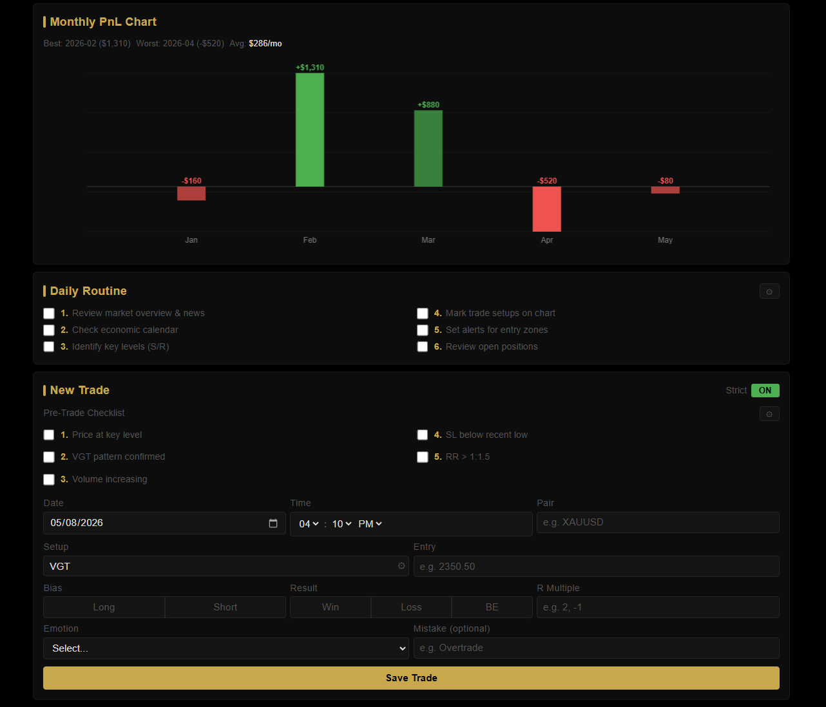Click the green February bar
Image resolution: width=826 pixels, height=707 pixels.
pyautogui.click(x=310, y=130)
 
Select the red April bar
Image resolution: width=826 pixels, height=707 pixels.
pyautogui.click(x=546, y=209)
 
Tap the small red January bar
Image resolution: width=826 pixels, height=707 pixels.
pyautogui.click(x=191, y=193)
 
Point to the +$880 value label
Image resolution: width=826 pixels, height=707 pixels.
pyautogui.click(x=428, y=105)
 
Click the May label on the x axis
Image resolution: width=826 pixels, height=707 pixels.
pyautogui.click(x=666, y=240)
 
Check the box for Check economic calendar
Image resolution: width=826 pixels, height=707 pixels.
pyautogui.click(x=49, y=330)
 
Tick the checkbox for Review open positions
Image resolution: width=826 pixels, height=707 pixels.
pyautogui.click(x=423, y=346)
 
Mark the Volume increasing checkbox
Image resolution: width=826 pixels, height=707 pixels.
pyautogui.click(x=49, y=479)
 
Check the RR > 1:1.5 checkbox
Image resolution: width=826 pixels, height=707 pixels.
pyautogui.click(x=423, y=457)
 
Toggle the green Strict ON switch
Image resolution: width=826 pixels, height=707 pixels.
pyautogui.click(x=765, y=391)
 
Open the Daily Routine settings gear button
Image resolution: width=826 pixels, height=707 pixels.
pyautogui.click(x=769, y=292)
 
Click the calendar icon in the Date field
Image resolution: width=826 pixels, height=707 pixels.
pyautogui.click(x=273, y=523)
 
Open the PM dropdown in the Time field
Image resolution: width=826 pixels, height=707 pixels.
pyautogui.click(x=370, y=524)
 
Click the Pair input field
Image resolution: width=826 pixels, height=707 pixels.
pyautogui.click(x=658, y=522)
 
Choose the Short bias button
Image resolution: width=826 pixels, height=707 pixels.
pyautogui.click(x=226, y=607)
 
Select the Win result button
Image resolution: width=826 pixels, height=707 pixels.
pyautogui.click(x=331, y=607)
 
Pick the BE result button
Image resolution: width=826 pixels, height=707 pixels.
pyautogui.click(x=492, y=607)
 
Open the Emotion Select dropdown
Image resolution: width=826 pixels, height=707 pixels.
pyautogui.click(x=226, y=648)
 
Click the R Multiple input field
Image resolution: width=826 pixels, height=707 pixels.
pyautogui.click(x=658, y=607)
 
